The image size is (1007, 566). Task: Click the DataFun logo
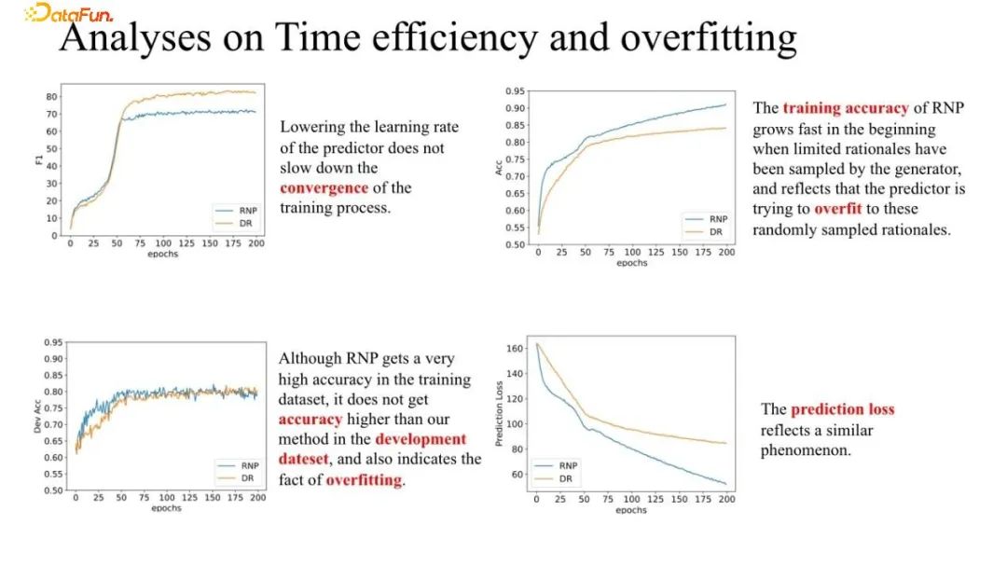pos(69,13)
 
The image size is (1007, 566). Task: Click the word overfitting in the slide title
pos(709,37)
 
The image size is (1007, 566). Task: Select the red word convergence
pos(324,187)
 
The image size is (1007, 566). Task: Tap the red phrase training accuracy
pos(845,107)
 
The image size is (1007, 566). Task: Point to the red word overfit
pos(837,209)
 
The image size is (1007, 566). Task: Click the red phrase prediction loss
pos(842,409)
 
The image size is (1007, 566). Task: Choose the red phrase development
pos(420,439)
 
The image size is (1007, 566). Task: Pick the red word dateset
pos(303,460)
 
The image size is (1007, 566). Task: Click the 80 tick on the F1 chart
pos(52,96)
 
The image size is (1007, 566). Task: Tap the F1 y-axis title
pos(38,159)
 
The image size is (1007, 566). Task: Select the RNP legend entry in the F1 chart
pos(236,210)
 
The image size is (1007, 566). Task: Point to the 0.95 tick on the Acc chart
pos(515,91)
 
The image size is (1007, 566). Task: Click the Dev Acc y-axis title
pos(37,415)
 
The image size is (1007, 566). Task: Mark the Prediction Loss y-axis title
pos(498,414)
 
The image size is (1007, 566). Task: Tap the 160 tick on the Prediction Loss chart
pos(515,348)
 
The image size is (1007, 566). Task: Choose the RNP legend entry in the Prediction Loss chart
pos(556,465)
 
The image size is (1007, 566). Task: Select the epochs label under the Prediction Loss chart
pos(631,510)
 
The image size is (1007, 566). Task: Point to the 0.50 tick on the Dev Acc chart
pos(53,490)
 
